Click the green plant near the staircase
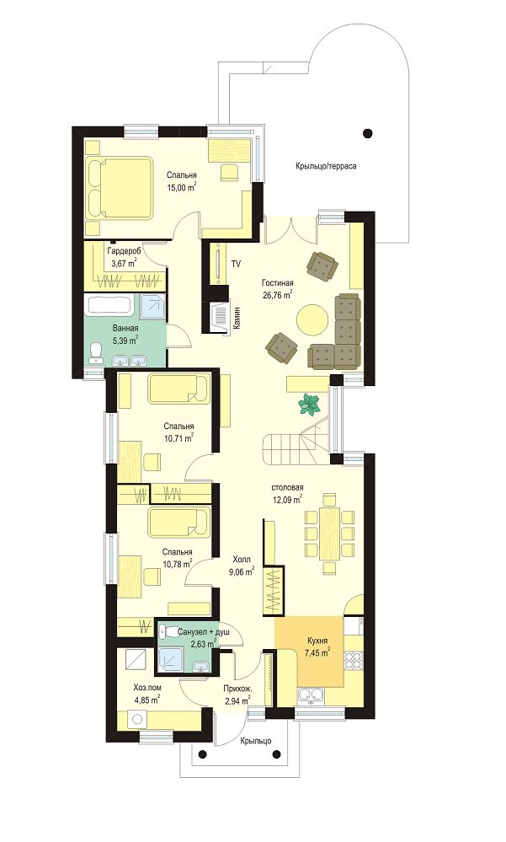tap(310, 404)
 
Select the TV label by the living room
tap(236, 264)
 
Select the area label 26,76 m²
tap(277, 294)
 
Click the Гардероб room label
tap(124, 251)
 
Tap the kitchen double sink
tap(311, 695)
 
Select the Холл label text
tap(242, 560)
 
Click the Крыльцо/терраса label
tap(326, 167)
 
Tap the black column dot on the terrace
tap(368, 133)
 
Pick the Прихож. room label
tap(237, 688)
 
